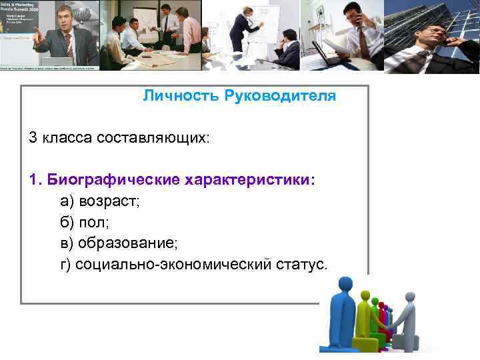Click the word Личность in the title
coord(171,97)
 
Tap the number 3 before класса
coord(32,138)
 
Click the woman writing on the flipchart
coord(238,30)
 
